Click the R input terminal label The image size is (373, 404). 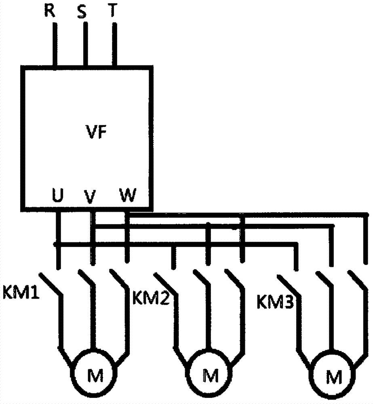[49, 11]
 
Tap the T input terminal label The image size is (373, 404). [114, 11]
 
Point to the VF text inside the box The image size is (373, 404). [96, 133]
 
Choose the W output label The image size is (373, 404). [128, 196]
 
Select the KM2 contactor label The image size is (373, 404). [150, 299]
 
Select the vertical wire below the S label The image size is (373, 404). [85, 44]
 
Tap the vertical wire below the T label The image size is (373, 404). [115, 44]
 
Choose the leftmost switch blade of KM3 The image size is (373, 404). [289, 285]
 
